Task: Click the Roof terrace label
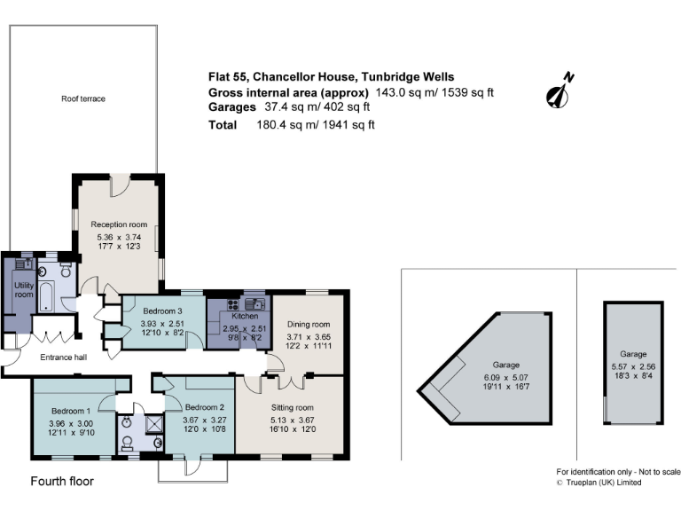coord(83,98)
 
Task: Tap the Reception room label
coord(119,224)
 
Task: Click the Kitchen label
coord(244,316)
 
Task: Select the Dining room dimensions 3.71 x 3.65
coord(308,337)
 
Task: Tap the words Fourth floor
coord(62,482)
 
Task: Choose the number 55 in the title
coord(240,77)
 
